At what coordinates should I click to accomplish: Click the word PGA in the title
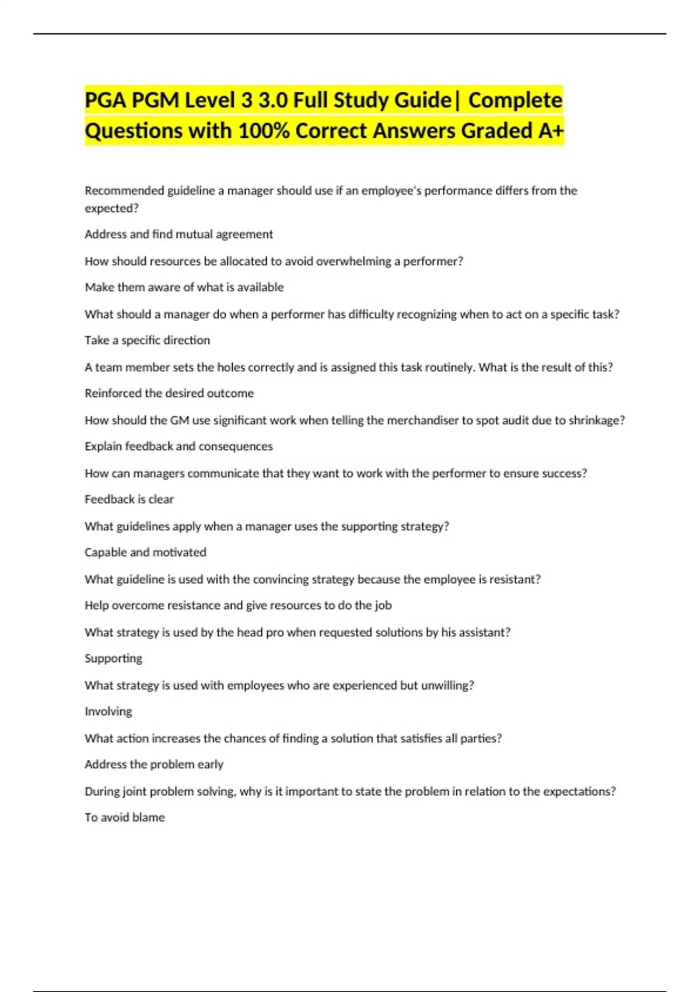coord(105,100)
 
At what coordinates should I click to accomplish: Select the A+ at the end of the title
coord(551,131)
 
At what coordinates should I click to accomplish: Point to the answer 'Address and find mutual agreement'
coord(178,235)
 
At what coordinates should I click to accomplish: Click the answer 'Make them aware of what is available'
coord(184,287)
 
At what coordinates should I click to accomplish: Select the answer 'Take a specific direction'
coord(147,340)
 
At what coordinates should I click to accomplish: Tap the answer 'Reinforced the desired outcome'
coord(169,393)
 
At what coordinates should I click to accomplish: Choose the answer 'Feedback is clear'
coord(129,500)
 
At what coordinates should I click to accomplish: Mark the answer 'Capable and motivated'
coord(145,552)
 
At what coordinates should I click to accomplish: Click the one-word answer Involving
coord(108,711)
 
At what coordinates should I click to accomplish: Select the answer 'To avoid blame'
coord(124,818)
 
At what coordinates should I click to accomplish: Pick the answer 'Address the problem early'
coord(154,764)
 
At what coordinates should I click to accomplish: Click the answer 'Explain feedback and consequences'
coord(178,446)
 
